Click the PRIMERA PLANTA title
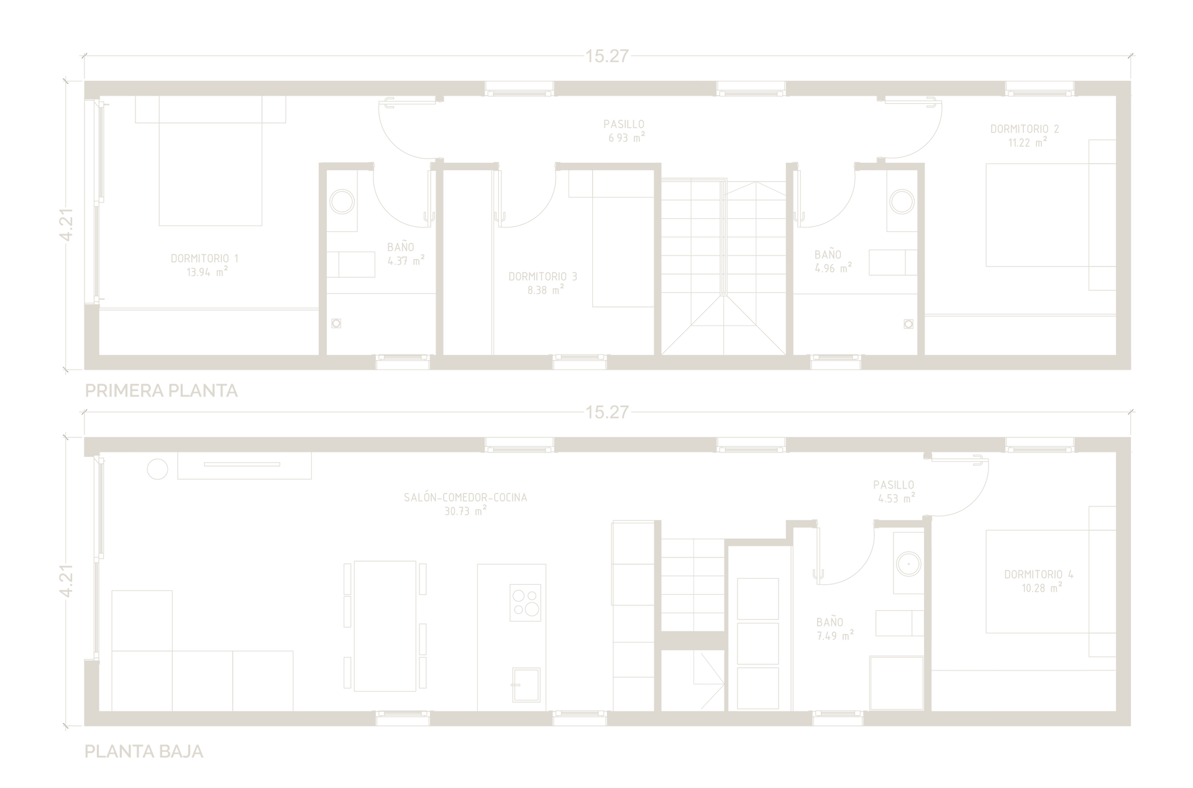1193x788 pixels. coord(161,390)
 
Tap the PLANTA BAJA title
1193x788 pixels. coord(144,751)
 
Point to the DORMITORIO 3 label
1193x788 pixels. coord(542,277)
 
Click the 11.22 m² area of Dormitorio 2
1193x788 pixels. coord(1027,142)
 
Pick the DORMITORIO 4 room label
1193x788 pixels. coord(1038,575)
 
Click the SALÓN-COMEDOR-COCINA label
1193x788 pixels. coord(465,497)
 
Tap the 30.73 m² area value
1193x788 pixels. coord(465,511)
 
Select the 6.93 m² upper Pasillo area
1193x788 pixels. coord(626,137)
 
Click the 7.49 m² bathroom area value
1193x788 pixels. coord(835,636)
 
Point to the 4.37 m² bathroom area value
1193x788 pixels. coord(406,260)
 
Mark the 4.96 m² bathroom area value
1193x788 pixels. coord(833,268)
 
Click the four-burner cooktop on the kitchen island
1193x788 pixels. coord(525,602)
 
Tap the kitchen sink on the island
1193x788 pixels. coord(526,684)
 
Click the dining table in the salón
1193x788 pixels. coord(385,626)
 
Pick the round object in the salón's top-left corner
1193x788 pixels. coord(158,469)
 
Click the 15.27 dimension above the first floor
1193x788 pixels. coord(607,56)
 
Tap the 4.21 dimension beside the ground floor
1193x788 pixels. coord(66,581)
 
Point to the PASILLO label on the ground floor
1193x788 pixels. coord(894,485)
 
